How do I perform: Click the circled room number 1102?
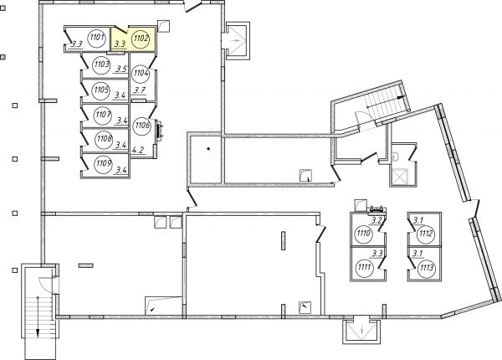pos(141,39)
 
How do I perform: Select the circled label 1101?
pos(97,39)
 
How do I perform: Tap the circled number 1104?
pos(141,74)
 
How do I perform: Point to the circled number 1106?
pos(142,126)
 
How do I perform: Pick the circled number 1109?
pos(104,163)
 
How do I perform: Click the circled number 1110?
pos(364,234)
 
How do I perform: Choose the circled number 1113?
pos(427,267)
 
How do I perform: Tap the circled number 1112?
pos(427,234)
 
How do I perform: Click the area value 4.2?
pos(138,150)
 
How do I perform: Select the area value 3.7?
pos(140,90)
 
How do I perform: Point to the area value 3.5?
pos(121,69)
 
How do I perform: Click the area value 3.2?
pos(376,220)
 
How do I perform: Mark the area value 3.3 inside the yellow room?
pos(120,44)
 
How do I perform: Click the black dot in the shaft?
pos(208,149)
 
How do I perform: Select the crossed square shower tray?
pos(399,177)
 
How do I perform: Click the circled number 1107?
pos(103,114)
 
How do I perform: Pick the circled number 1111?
pos(364,266)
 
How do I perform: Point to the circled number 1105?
pos(101,90)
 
